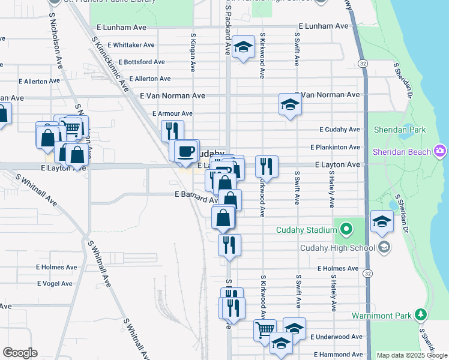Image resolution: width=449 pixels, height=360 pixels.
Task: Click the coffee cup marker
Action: pos(187,150)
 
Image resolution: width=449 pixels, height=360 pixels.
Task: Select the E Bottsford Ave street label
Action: pos(142,62)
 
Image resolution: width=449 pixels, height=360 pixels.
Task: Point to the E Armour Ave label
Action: pos(172,113)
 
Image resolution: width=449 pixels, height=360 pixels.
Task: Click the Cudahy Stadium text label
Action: pos(306,230)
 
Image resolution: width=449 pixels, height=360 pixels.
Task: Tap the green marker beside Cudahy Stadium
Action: pos(346,229)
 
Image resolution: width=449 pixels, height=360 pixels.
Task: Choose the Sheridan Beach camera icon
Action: pos(441,151)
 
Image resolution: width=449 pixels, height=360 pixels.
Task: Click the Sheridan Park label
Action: pos(399,130)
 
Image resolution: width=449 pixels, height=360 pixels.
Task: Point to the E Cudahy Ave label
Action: pos(340,129)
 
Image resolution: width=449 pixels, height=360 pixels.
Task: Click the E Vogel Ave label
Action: pos(55,283)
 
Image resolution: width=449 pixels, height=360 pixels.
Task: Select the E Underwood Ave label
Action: pos(337,337)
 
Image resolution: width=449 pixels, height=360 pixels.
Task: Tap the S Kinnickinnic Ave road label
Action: pos(110,64)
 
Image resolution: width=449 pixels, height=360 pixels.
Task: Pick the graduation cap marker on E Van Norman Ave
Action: pos(290,105)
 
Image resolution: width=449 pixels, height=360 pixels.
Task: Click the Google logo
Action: pos(20,353)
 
